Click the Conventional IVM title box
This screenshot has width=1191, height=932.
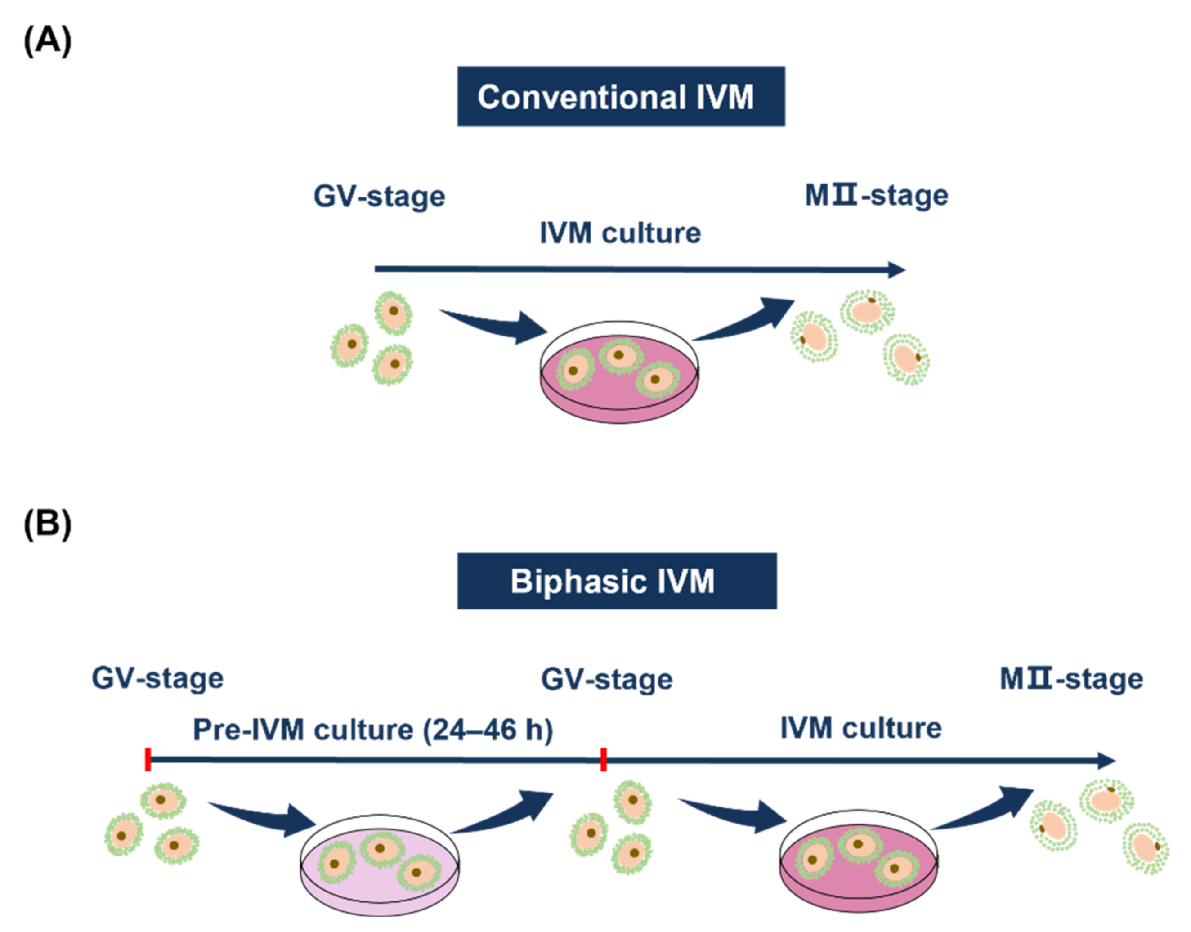tap(620, 97)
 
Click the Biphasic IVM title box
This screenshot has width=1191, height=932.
tap(617, 581)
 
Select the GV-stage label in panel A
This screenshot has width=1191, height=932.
tap(379, 197)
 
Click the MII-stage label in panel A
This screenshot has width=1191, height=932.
tap(876, 195)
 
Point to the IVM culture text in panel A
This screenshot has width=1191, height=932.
tap(620, 233)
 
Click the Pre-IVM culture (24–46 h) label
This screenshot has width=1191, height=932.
tap(372, 730)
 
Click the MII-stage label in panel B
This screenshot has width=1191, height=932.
tap(1071, 679)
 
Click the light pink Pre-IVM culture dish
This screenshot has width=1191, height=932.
tap(379, 868)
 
